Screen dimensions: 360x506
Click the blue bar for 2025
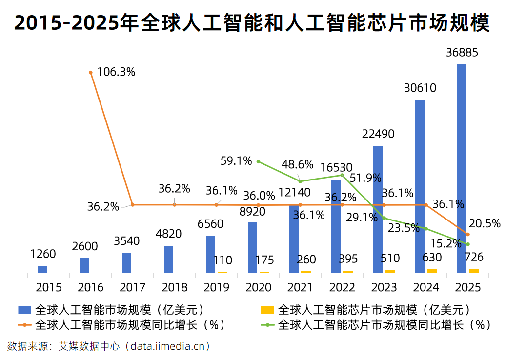462,168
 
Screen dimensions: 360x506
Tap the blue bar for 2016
84,265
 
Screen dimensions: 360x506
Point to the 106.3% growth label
116,72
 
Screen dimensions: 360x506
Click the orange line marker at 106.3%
91,73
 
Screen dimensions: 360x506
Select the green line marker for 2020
258,161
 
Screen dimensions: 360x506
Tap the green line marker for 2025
468,244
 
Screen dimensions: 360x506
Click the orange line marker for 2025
468,234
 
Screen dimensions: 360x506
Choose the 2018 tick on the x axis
174,287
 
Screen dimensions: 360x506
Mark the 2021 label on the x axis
300,287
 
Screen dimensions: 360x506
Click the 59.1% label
236,161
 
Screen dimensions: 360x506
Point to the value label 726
474,257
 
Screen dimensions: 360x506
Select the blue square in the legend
25,310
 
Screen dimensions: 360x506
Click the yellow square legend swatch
267,310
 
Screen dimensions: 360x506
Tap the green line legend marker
267,325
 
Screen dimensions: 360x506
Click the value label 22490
378,134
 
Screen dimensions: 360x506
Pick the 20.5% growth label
485,223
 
